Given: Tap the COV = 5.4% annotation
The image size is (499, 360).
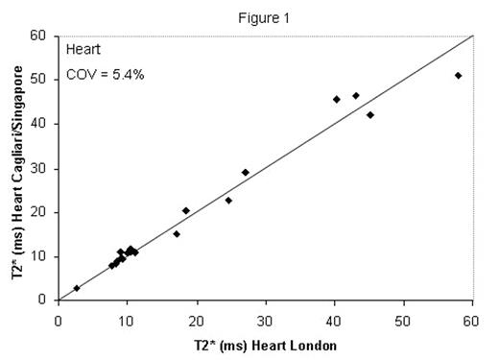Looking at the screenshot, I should [x=105, y=74].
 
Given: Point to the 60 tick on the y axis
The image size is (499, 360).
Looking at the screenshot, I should [x=41, y=36].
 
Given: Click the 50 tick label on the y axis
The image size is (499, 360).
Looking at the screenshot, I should [x=41, y=80].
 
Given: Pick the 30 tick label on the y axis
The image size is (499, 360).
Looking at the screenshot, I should [x=41, y=168].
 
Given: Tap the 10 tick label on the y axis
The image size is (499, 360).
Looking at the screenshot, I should [x=41, y=255].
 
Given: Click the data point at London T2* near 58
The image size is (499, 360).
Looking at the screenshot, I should [x=458, y=76].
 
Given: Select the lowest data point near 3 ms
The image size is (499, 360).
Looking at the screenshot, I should [x=77, y=288].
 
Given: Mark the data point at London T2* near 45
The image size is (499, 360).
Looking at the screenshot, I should [x=370, y=115].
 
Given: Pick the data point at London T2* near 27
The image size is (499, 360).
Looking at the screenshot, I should [x=245, y=172].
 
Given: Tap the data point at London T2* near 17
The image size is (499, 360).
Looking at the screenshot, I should [x=177, y=233].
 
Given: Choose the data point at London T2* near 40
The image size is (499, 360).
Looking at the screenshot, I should [x=337, y=99].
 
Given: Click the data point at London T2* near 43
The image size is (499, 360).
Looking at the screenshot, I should [x=356, y=96].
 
